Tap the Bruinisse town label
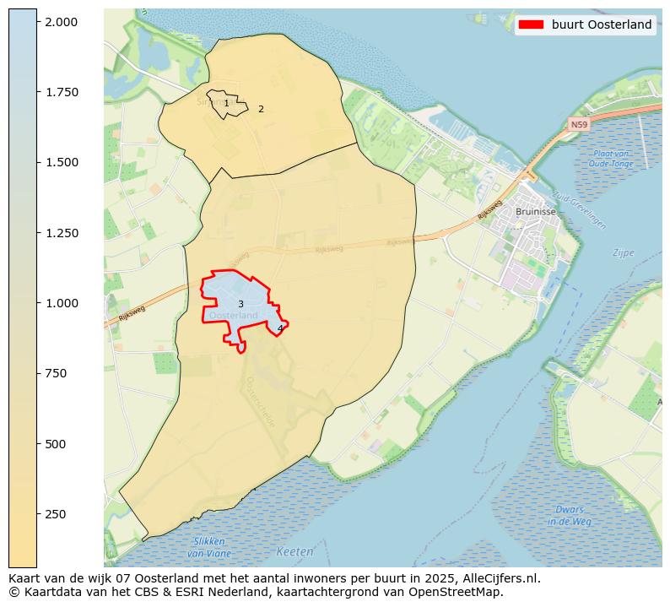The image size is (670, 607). tap(535, 212)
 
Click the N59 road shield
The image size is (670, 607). tap(578, 125)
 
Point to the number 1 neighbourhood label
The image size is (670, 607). tap(226, 103)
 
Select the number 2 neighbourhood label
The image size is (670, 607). tap(261, 109)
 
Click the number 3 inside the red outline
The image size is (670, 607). tap(240, 304)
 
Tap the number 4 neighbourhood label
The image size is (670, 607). tap(280, 328)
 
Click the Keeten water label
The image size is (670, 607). tap(294, 552)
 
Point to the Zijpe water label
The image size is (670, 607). tap(623, 252)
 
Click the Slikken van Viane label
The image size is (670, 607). tap(208, 547)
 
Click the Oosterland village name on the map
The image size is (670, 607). tap(234, 316)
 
